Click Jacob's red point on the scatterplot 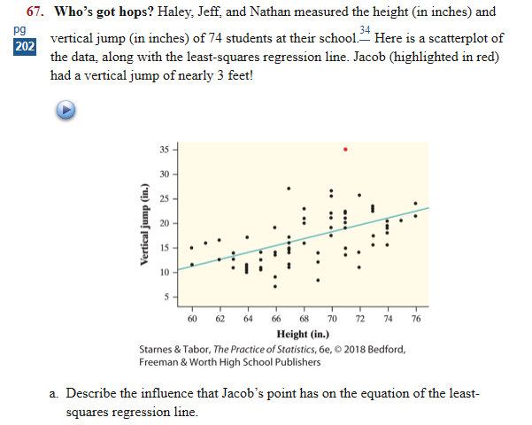click(x=345, y=150)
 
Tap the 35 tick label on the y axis click(x=165, y=150)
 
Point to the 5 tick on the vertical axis click(x=167, y=297)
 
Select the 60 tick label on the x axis click(x=192, y=317)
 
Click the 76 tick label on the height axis click(x=416, y=317)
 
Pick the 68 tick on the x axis click(x=305, y=317)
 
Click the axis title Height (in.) click(x=304, y=334)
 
